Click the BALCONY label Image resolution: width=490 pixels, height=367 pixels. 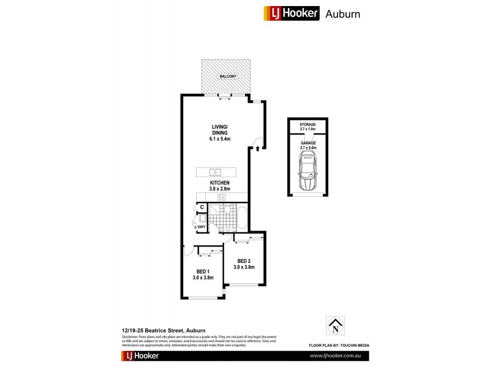[x=227, y=76]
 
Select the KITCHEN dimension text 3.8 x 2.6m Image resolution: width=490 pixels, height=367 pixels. [x=219, y=188]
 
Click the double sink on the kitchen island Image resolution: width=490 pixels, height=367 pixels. [x=216, y=172]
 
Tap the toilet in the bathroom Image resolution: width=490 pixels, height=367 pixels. [x=227, y=210]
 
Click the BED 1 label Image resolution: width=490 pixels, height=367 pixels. [x=203, y=272]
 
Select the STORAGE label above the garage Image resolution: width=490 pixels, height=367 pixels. [x=307, y=125]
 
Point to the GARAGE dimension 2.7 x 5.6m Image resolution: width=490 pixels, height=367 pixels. [x=307, y=147]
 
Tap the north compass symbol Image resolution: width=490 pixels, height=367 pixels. [x=335, y=326]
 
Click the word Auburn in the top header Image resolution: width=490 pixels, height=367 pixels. [x=342, y=13]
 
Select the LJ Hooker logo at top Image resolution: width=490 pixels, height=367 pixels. [x=292, y=13]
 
